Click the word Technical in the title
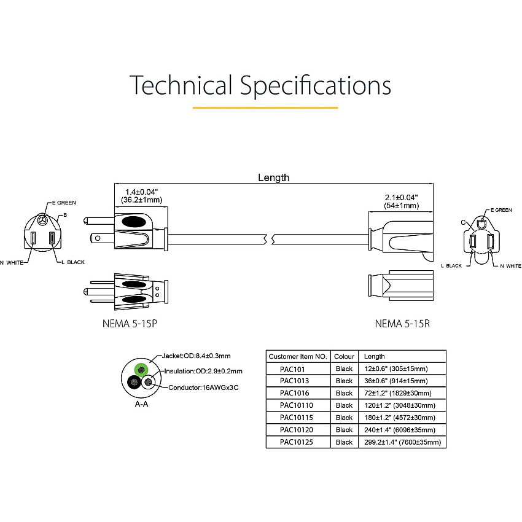coord(181,85)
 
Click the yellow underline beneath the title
coord(265,107)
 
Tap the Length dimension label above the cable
coord(274,177)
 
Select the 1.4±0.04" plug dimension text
coord(141,192)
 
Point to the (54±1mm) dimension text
coord(402,206)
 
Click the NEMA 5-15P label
coord(130,323)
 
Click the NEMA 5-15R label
coord(402,323)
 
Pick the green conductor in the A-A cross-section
coord(141,370)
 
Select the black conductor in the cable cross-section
coord(134,382)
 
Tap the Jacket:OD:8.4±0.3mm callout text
coord(196,356)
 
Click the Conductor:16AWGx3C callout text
coord(203,388)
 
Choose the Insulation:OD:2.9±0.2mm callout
coord(203,371)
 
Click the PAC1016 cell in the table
coord(295,393)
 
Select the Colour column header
coord(345,357)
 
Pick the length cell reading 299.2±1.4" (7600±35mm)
coord(402,442)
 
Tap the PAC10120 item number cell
coord(297,430)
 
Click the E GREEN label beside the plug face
coord(64,203)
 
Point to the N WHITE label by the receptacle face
coord(511,266)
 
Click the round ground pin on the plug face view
coord(42,220)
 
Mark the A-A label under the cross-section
coord(141,404)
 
